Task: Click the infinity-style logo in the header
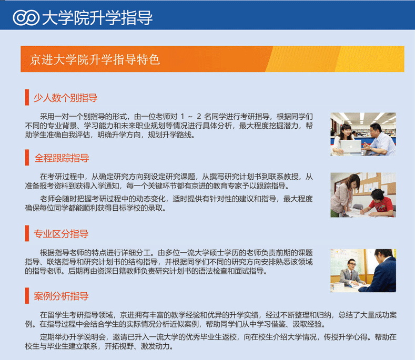26,17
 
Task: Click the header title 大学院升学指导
97,18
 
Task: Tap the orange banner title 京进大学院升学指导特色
95,59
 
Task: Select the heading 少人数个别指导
65,98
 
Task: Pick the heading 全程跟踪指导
62,158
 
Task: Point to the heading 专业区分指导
61,233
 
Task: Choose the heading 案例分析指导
61,296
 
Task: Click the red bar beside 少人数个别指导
27,97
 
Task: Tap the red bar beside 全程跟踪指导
27,157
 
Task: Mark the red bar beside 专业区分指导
27,233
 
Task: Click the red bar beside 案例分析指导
27,296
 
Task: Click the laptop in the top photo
351,146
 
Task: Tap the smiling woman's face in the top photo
346,131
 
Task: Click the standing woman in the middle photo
344,194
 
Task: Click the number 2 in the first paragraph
199,116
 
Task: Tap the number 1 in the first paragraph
183,116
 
